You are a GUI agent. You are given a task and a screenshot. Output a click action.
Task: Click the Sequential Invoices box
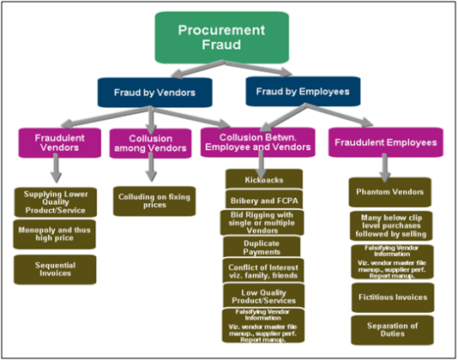[x=54, y=267]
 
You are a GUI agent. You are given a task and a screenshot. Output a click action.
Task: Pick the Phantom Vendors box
[x=390, y=193]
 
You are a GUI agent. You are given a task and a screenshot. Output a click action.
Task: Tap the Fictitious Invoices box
[x=390, y=297]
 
